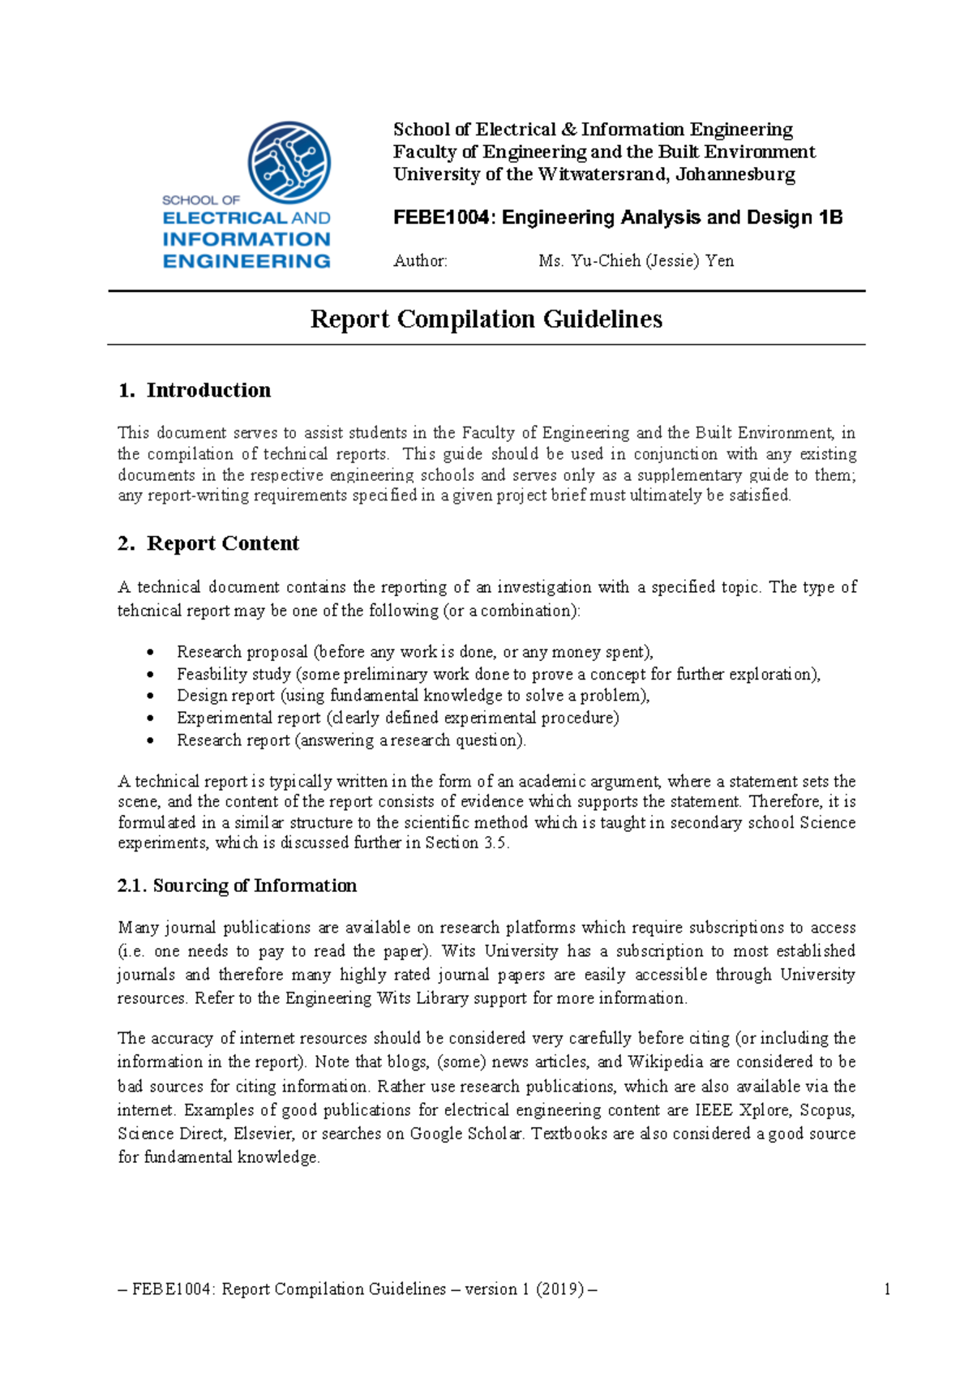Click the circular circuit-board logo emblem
pos(289,162)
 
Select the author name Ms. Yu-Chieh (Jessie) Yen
pos(636,261)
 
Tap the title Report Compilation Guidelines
pos(486,319)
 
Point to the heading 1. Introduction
pos(195,390)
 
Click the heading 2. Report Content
pos(208,543)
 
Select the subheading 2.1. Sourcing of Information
pos(237,886)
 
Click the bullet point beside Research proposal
pos(150,653)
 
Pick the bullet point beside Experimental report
pos(150,719)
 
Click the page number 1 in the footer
pos(887,1289)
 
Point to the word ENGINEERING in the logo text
pos(246,261)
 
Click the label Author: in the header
pos(420,261)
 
